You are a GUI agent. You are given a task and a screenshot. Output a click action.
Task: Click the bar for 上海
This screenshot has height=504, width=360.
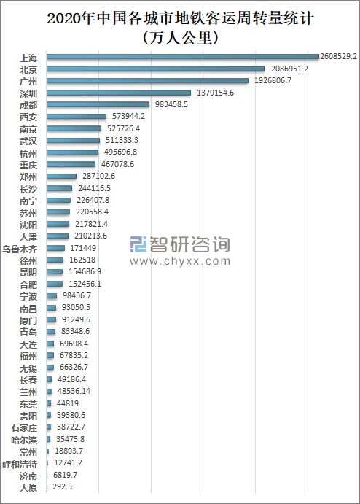pyautogui.click(x=183, y=57)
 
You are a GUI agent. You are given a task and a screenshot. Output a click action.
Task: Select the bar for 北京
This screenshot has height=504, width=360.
pyautogui.click(x=155, y=69)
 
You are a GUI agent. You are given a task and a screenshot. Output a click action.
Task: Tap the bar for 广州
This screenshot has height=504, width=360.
pyautogui.click(x=147, y=80)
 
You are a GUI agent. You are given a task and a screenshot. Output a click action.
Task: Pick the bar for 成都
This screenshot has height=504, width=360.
pyautogui.click(x=98, y=104)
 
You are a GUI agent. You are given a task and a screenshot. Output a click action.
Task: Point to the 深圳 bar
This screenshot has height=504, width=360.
pyautogui.click(x=119, y=93)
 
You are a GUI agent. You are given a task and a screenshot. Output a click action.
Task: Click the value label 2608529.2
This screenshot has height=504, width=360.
pyautogui.click(x=338, y=57)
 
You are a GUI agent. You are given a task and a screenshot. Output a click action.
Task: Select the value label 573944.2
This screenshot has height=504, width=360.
pyautogui.click(x=128, y=116)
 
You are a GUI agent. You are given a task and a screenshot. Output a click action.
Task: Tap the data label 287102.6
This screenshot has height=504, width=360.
pyautogui.click(x=98, y=176)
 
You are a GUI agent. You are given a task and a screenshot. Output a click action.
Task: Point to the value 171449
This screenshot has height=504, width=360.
pyautogui.click(x=83, y=248)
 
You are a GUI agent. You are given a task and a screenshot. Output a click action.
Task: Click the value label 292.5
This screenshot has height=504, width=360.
pyautogui.click(x=62, y=486)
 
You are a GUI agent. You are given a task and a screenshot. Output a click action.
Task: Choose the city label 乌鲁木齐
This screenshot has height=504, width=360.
pyautogui.click(x=20, y=249)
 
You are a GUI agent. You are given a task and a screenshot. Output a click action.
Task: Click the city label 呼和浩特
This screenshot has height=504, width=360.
pyautogui.click(x=20, y=464)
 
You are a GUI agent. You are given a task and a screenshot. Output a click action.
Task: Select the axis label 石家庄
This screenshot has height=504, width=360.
pyautogui.click(x=24, y=428)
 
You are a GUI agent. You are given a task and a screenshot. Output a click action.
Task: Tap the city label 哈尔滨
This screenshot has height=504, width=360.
pyautogui.click(x=24, y=440)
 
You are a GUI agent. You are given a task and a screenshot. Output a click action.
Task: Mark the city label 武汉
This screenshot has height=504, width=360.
pyautogui.click(x=28, y=141)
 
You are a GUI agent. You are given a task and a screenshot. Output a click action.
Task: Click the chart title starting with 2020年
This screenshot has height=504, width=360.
pyautogui.click(x=180, y=18)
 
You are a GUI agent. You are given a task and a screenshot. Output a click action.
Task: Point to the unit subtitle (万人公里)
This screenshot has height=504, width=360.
pyautogui.click(x=180, y=37)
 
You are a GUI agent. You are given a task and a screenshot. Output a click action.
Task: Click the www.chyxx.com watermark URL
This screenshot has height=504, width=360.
pyautogui.click(x=180, y=261)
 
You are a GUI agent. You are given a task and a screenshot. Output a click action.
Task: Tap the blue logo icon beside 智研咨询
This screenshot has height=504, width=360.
pyautogui.click(x=138, y=244)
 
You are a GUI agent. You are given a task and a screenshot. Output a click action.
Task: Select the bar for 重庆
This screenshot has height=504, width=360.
pyautogui.click(x=71, y=164)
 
